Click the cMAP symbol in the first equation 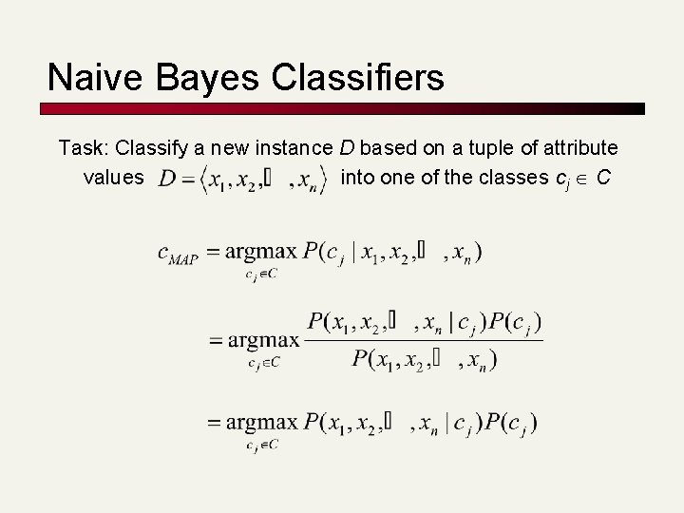tap(178, 255)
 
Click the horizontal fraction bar tap(424, 341)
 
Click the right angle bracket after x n tap(329, 178)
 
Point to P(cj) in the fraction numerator tap(519, 324)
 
